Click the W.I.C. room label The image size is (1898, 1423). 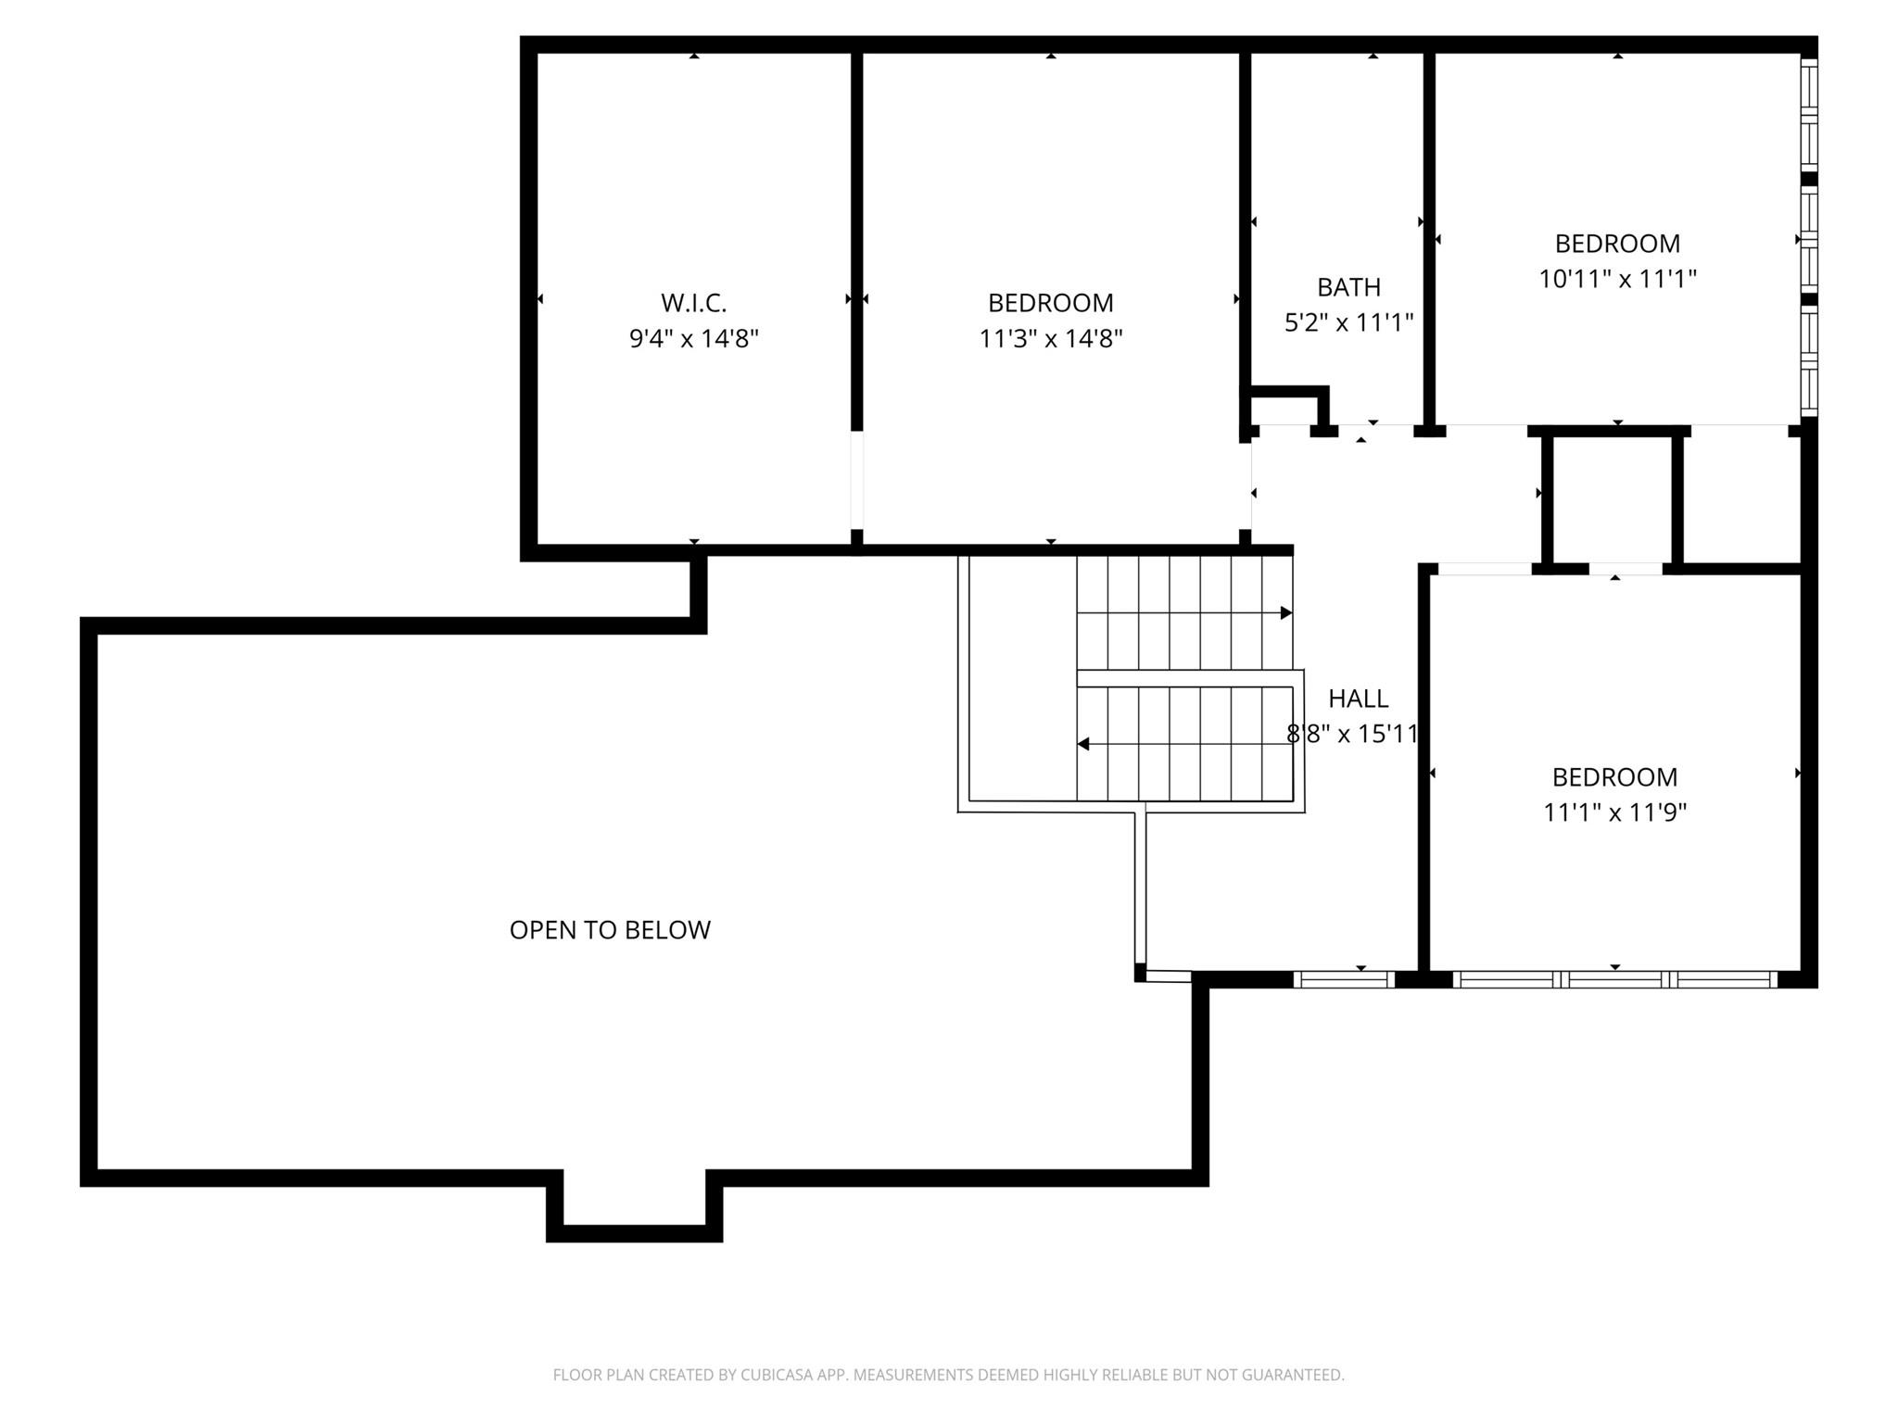693,303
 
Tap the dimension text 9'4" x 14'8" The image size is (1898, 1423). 693,339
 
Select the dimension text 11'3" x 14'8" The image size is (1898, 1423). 1050,339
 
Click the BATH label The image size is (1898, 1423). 1348,287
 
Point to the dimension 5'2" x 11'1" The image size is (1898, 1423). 1348,323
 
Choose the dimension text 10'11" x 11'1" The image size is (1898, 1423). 1617,279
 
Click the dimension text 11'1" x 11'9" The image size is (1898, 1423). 1614,812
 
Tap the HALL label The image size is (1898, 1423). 1358,699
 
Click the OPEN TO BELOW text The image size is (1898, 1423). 610,930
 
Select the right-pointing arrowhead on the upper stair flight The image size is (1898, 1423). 1285,613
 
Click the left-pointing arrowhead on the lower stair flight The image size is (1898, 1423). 1082,744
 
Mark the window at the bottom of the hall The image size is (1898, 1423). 1343,979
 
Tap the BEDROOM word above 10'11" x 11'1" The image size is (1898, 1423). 1617,244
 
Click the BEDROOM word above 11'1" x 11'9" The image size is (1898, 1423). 1614,777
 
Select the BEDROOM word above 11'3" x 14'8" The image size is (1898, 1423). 1050,303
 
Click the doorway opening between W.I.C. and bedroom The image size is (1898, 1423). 856,480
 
